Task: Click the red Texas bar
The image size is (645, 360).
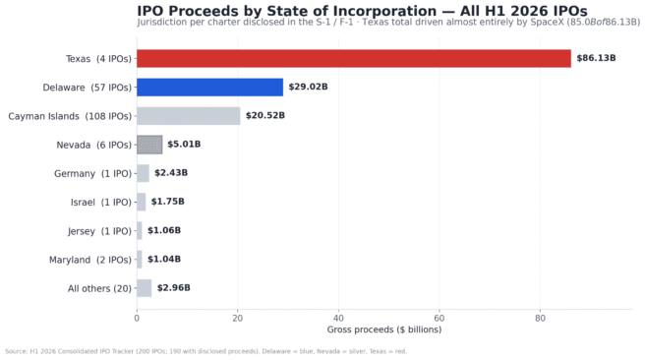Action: click(x=354, y=58)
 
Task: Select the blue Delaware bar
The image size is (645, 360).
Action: click(x=209, y=88)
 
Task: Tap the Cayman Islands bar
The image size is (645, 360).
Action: click(x=189, y=116)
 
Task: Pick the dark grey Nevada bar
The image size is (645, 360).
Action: click(x=149, y=145)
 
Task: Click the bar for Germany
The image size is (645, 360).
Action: click(x=143, y=173)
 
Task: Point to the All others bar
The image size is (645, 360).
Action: click(x=144, y=288)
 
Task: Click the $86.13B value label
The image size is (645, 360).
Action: click(x=596, y=58)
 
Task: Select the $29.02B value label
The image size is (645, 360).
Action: click(x=308, y=87)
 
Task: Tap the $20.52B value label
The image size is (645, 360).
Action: click(x=265, y=116)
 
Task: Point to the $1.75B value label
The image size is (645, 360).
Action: click(x=167, y=202)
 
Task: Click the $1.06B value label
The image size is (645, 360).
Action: click(x=164, y=230)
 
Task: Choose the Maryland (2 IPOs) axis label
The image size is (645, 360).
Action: click(x=90, y=260)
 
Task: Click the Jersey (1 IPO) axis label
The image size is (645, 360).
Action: click(x=99, y=231)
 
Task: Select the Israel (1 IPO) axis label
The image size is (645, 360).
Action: click(x=100, y=203)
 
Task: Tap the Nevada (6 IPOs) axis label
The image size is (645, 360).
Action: click(x=93, y=145)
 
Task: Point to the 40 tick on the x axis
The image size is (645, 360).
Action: click(x=338, y=319)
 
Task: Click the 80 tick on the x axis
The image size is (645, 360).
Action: click(x=540, y=319)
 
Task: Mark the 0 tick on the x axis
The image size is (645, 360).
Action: click(x=137, y=319)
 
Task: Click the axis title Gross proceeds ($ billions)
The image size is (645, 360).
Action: click(x=384, y=330)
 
